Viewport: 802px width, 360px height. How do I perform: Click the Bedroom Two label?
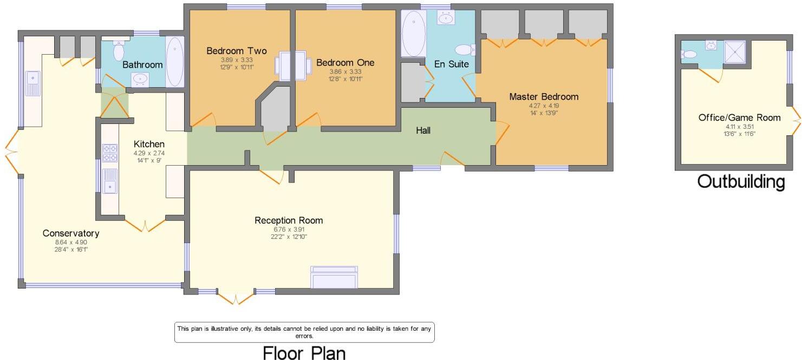coord(236,51)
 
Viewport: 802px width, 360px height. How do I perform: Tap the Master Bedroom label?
coord(543,97)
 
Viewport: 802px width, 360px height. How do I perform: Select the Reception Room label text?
coord(289,220)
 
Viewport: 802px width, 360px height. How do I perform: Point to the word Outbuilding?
coord(741,181)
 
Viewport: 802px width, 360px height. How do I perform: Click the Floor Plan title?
coord(304,353)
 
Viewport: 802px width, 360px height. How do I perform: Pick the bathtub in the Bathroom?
coord(174,61)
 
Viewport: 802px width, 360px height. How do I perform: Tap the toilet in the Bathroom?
coord(119,51)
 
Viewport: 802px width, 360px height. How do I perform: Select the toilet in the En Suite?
coord(464,50)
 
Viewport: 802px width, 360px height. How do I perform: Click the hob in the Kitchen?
coord(110,153)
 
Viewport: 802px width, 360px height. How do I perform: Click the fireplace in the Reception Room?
coord(334,278)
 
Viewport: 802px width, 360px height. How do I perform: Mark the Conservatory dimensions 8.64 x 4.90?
coord(71,243)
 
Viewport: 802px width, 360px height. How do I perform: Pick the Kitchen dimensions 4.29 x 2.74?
coord(149,153)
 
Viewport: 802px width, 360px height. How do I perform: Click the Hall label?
coord(423,130)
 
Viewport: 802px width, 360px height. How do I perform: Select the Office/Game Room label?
coord(739,117)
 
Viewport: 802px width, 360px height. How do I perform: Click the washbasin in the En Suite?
coord(445,19)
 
